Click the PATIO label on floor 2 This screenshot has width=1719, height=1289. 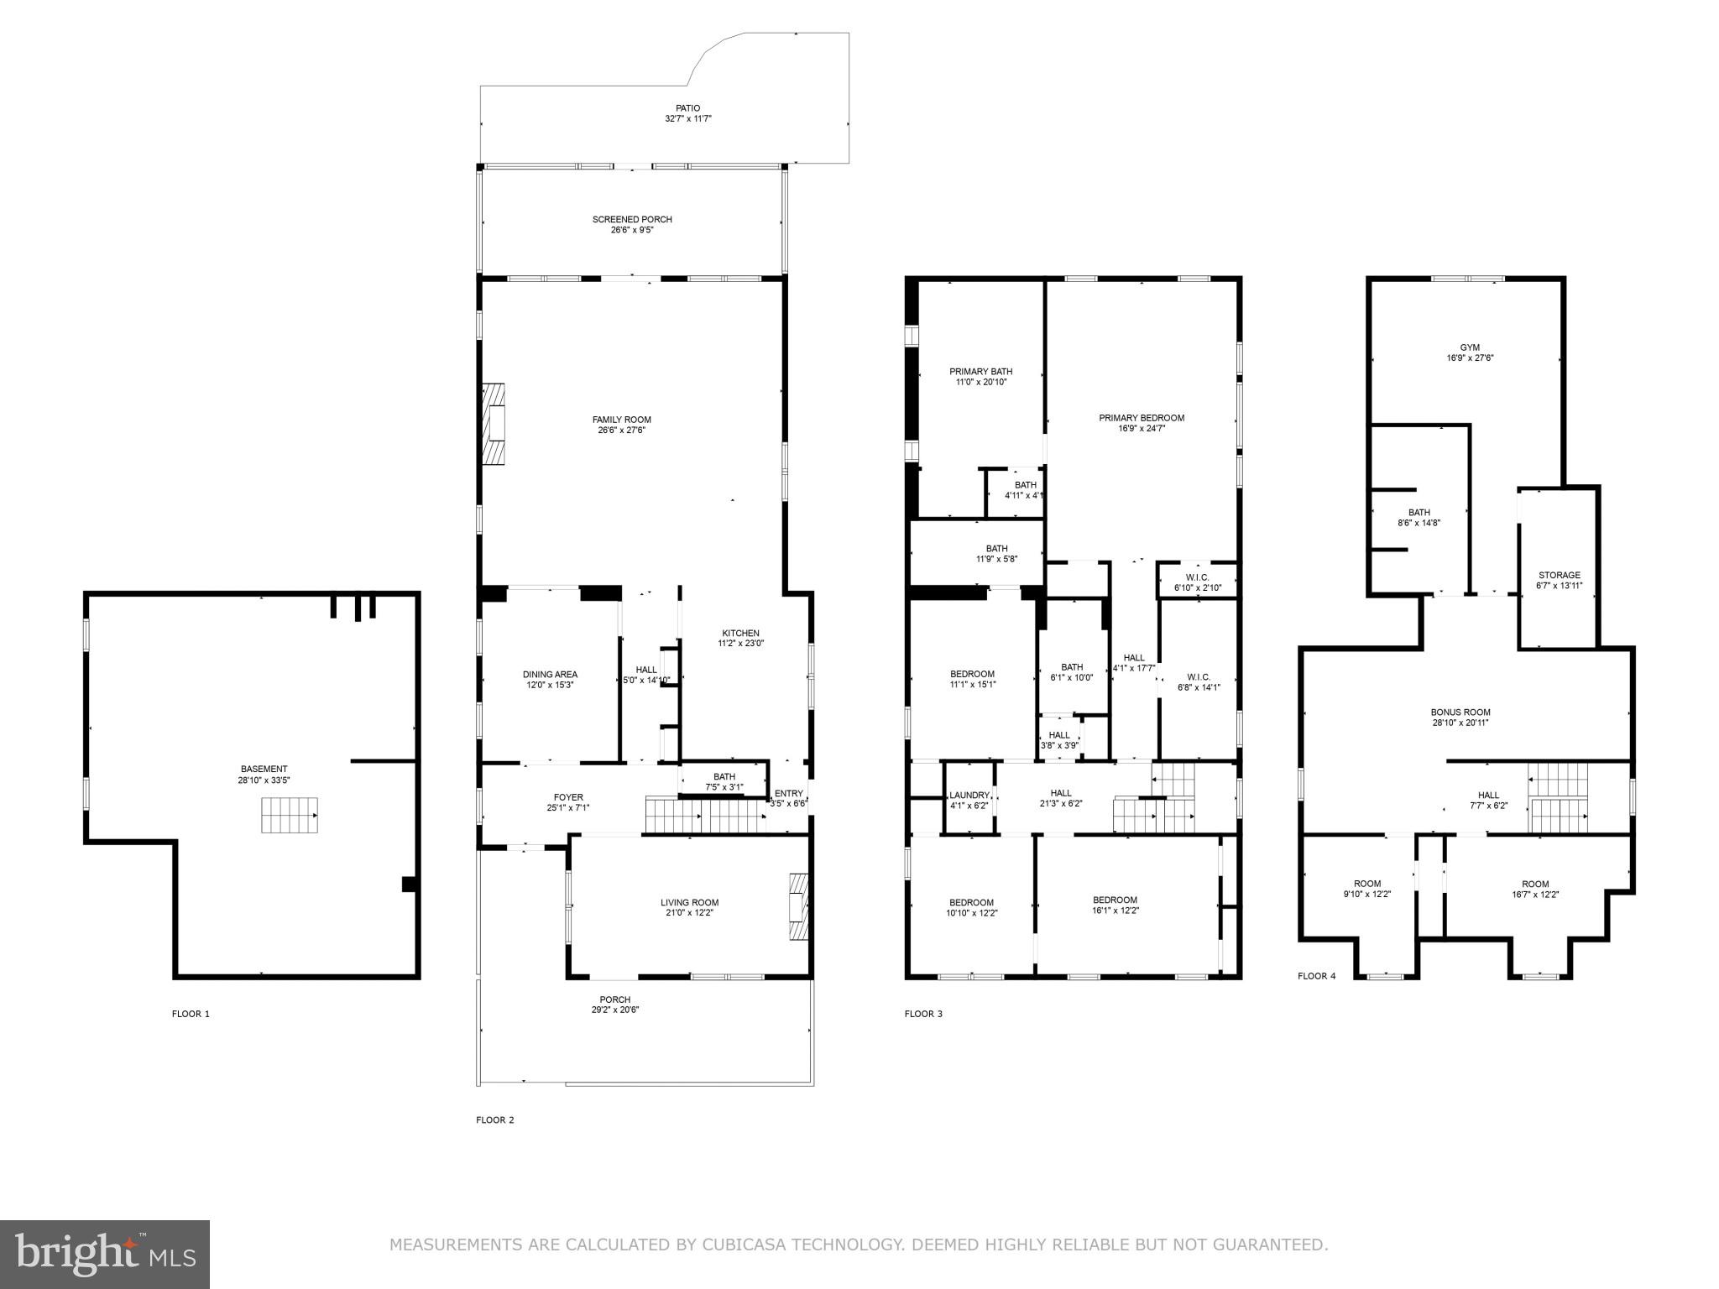click(x=687, y=108)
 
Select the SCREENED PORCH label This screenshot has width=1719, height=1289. click(x=632, y=220)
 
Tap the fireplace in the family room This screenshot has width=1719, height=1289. click(x=494, y=424)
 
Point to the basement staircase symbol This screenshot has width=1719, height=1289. click(x=290, y=815)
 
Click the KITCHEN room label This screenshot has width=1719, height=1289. click(x=740, y=634)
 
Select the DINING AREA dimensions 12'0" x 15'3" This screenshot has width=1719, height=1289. click(x=550, y=685)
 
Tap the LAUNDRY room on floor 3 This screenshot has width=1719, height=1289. click(x=969, y=800)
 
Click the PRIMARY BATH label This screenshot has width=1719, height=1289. click(x=980, y=372)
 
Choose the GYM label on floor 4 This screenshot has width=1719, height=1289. click(x=1469, y=347)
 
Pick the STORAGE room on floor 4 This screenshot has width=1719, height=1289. click(x=1559, y=580)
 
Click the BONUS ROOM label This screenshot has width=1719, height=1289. click(x=1460, y=712)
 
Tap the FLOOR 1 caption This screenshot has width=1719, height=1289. click(x=191, y=1014)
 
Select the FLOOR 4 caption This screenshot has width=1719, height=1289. click(x=1316, y=976)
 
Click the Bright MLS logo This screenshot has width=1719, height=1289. click(x=105, y=1255)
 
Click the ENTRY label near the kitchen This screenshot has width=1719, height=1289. click(x=788, y=793)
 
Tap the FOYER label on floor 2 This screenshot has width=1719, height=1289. click(x=568, y=797)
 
